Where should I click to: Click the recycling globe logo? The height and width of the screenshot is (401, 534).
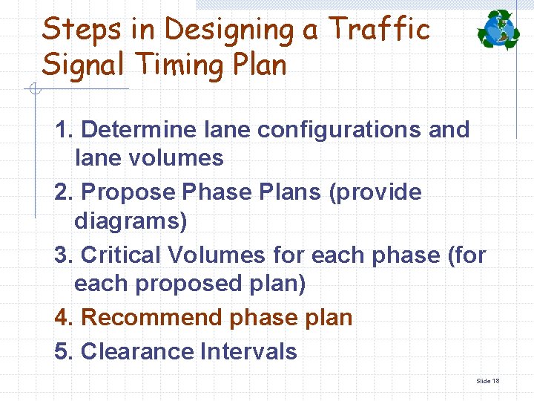pyautogui.click(x=498, y=30)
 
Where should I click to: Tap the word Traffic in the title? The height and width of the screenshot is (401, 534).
pyautogui.click(x=379, y=30)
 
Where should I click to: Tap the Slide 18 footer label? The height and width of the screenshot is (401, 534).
pyautogui.click(x=487, y=381)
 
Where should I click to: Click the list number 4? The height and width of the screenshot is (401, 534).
pyautogui.click(x=63, y=318)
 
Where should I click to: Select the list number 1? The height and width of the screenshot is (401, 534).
pyautogui.click(x=63, y=129)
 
